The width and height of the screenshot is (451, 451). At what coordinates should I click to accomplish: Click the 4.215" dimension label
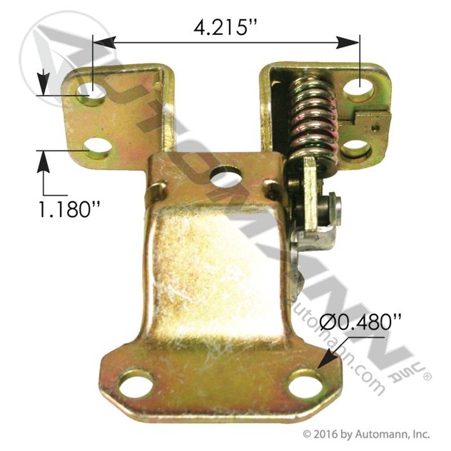pos(224,27)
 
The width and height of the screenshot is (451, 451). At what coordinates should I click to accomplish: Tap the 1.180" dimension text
pos(69,209)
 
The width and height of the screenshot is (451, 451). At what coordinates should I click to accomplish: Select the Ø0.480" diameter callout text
pos(360,322)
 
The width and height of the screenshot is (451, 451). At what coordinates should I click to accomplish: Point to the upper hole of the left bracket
pos(91,93)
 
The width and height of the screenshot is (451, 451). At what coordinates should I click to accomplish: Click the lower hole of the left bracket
pos(99,148)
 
